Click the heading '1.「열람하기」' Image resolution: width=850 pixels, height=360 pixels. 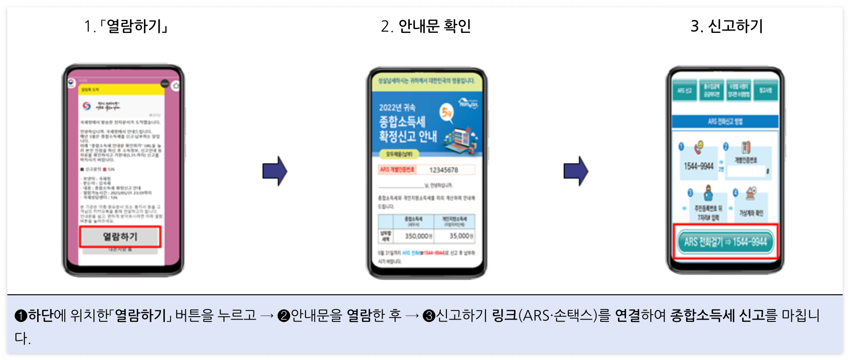(x=126, y=26)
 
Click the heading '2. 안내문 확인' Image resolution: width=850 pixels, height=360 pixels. (x=425, y=26)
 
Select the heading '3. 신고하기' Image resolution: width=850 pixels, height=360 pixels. (x=727, y=26)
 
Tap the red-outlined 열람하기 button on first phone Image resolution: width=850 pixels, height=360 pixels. (x=120, y=237)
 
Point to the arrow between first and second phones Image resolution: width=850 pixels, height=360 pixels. (x=275, y=171)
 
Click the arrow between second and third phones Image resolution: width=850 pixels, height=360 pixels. (x=576, y=171)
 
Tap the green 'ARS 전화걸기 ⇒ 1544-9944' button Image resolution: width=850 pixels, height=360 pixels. (x=725, y=242)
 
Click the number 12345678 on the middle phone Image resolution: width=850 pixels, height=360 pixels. (x=444, y=170)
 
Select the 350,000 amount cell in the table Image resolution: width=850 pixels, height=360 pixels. (x=418, y=236)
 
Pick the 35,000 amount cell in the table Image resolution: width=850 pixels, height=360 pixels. (x=461, y=236)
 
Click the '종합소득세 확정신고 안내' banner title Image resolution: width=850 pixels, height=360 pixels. (x=407, y=129)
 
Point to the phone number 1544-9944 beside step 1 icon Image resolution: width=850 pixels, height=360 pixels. (x=698, y=166)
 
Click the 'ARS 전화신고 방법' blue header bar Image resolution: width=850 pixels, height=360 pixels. (x=725, y=121)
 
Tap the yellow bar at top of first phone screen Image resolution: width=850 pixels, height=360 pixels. (x=122, y=90)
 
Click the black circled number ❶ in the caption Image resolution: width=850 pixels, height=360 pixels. (x=21, y=316)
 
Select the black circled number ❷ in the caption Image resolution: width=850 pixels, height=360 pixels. (x=283, y=316)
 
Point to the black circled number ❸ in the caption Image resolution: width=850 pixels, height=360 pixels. (x=429, y=316)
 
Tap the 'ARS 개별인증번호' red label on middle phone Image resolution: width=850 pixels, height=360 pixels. (x=397, y=170)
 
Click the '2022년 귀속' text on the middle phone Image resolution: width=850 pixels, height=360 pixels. (x=397, y=108)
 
